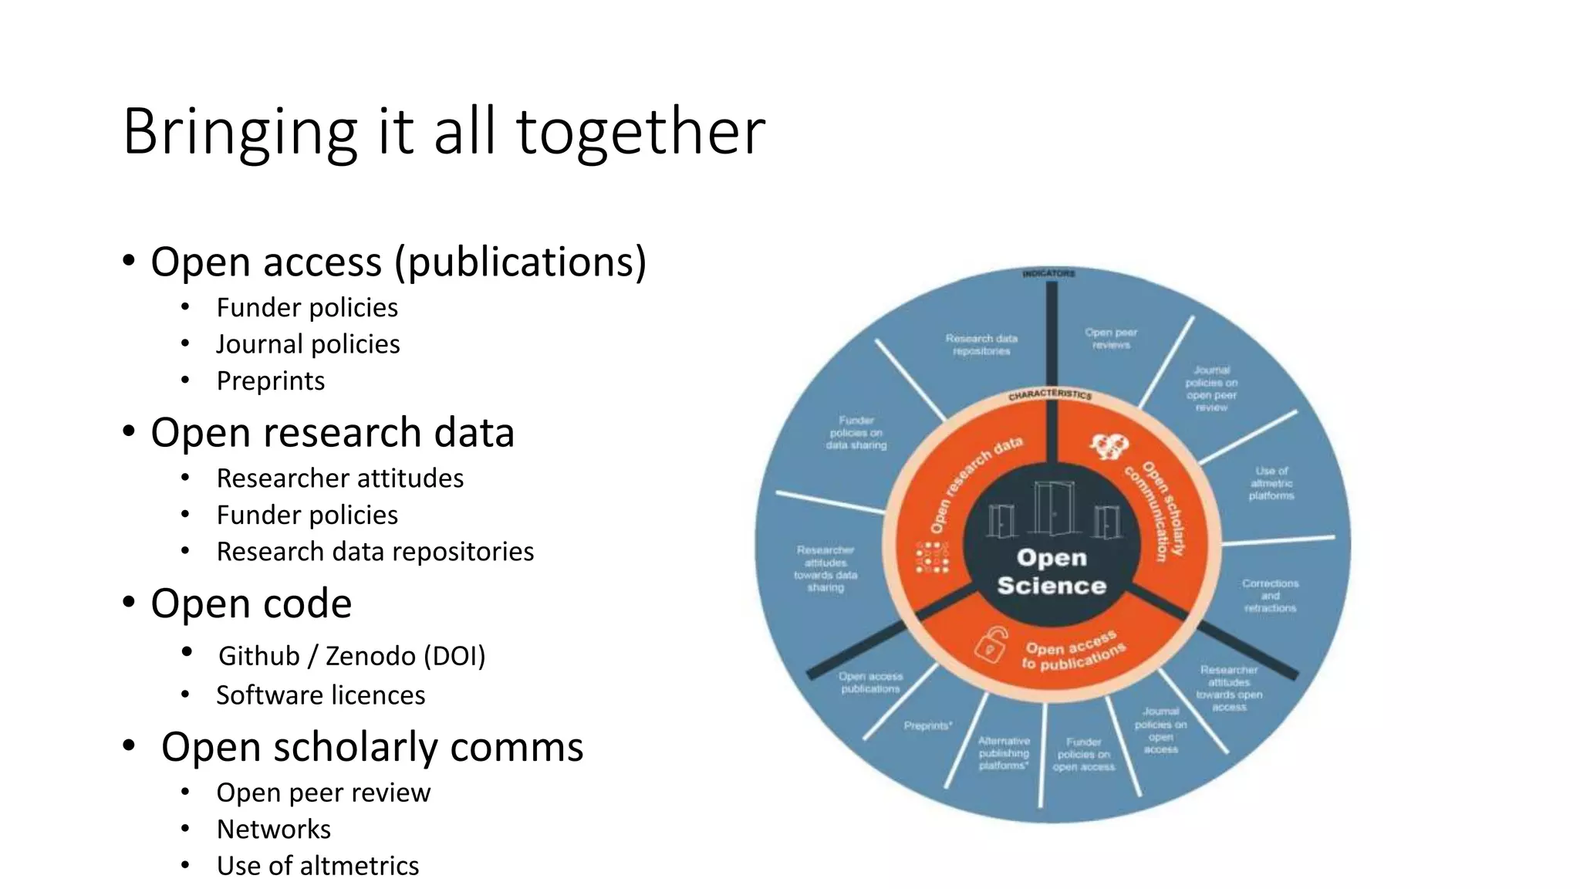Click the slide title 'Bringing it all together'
[444, 131]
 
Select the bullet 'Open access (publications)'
[398, 262]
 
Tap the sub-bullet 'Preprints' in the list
[270, 381]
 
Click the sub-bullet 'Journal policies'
[308, 344]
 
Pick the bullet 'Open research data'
[332, 433]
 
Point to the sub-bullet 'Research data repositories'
[375, 552]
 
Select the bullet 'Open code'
[251, 603]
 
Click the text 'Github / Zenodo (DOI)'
[352, 656]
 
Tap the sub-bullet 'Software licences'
[320, 695]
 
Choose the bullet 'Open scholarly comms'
[372, 747]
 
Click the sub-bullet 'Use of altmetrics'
[317, 866]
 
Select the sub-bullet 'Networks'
[273, 830]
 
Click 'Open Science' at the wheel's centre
[1051, 572]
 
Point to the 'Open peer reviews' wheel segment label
[1111, 339]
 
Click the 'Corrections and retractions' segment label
[1270, 596]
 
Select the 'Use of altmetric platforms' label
[1271, 483]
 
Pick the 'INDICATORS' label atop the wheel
[1048, 273]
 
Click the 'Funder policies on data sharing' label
[856, 433]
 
